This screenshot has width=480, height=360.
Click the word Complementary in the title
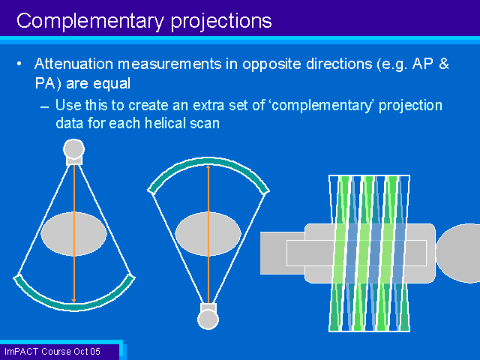[90, 22]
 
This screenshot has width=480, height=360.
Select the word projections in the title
[221, 22]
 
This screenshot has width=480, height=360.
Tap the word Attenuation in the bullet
[73, 64]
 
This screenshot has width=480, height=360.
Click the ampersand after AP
[443, 64]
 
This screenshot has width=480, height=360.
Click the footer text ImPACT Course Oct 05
[52, 351]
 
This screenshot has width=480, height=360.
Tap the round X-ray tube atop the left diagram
[73, 149]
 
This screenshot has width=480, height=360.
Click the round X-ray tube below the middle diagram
[208, 319]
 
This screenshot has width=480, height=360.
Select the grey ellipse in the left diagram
[73, 233]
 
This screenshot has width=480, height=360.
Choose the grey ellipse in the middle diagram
[208, 233]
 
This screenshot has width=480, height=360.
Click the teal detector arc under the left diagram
[73, 305]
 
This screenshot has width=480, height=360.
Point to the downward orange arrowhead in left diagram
[73, 301]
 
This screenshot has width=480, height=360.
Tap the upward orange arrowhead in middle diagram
[208, 166]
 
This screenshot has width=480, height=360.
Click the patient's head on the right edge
[458, 253]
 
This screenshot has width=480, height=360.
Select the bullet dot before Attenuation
[19, 64]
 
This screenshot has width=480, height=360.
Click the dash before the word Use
[45, 107]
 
